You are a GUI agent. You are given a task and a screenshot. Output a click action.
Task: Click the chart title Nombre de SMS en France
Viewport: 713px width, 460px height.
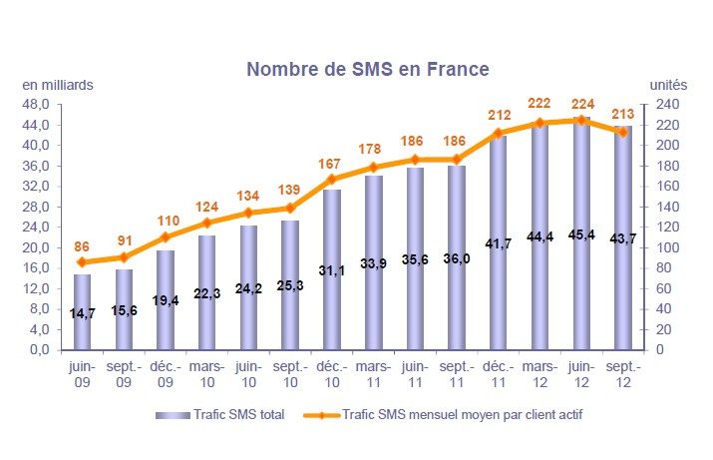(368, 69)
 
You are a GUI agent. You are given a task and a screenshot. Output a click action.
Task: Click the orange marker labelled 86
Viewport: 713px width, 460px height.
(82, 262)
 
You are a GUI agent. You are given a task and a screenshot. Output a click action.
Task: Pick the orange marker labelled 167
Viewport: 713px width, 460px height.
(332, 180)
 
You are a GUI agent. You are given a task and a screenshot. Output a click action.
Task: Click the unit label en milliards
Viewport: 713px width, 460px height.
(58, 85)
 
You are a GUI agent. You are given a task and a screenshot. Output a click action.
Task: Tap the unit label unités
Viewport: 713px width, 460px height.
(668, 85)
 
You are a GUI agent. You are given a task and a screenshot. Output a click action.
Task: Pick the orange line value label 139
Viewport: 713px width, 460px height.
(290, 190)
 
